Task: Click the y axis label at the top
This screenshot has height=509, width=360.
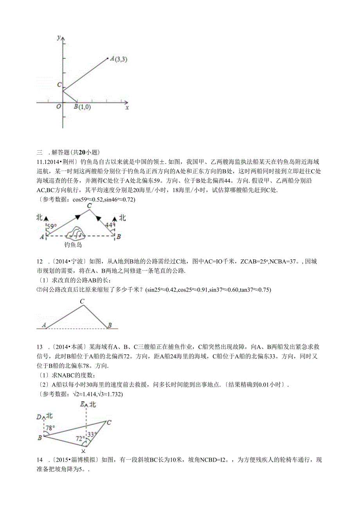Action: [x=58, y=38]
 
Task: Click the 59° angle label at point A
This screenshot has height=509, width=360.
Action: [x=52, y=226]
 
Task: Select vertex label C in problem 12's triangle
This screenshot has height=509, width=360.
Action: [x=82, y=301]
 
